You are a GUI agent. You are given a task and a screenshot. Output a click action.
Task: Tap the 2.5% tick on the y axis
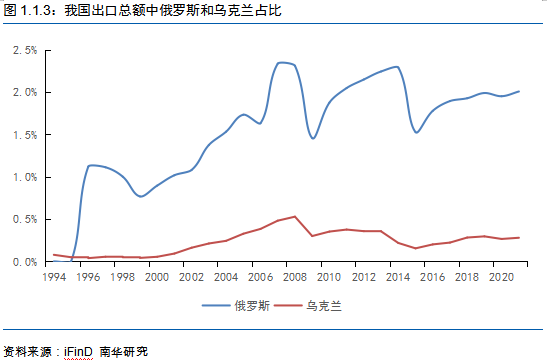pos(25,50)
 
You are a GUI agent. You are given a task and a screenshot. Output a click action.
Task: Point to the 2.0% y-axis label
pos(25,92)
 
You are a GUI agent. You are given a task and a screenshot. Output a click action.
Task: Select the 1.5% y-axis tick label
pos(25,135)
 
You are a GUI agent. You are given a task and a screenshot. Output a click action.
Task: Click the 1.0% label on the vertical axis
pos(25,177)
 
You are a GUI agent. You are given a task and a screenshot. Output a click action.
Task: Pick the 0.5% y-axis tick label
pos(25,219)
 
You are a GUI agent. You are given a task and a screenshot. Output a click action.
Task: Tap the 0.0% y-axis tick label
pos(25,262)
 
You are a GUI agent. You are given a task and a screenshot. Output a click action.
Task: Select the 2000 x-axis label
pos(157,277)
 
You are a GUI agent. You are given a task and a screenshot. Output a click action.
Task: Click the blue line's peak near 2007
pos(281,63)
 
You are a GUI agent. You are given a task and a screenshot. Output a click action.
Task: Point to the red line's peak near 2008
pos(295,216)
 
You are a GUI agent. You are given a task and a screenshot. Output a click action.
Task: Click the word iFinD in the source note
pos(78,351)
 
